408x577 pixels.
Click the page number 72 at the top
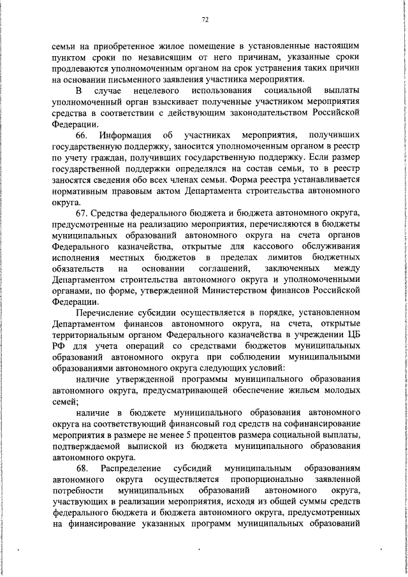pyautogui.click(x=205, y=20)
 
